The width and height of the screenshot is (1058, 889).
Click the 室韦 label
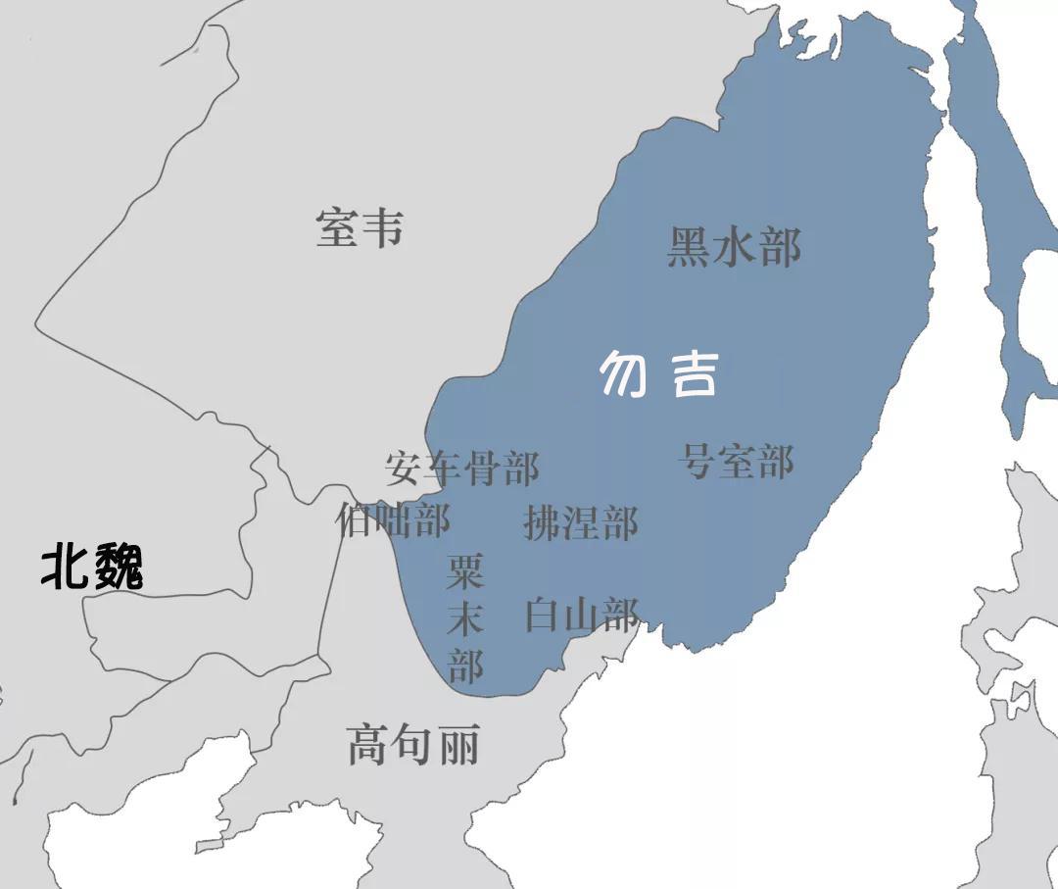tap(360, 227)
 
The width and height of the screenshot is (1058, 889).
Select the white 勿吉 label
tap(658, 373)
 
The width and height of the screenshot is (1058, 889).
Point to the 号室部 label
tap(737, 461)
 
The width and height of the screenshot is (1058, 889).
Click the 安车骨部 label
tap(461, 469)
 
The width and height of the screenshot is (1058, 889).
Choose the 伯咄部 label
tap(393, 519)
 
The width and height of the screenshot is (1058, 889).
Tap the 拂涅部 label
tap(581, 522)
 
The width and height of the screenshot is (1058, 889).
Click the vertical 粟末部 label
tap(465, 617)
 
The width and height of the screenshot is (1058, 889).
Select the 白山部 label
tap(582, 615)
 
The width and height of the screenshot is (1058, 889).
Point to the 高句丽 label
tap(413, 746)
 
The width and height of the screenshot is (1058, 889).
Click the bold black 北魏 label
tap(92, 568)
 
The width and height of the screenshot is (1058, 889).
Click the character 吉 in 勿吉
tap(692, 373)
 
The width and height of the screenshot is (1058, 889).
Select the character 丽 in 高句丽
tap(458, 746)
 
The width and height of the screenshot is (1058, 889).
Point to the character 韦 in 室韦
tap(382, 227)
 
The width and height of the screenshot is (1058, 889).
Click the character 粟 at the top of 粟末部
tap(465, 571)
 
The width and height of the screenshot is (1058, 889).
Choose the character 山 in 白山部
tap(582, 615)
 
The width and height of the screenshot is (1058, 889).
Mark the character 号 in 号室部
tap(697, 461)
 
